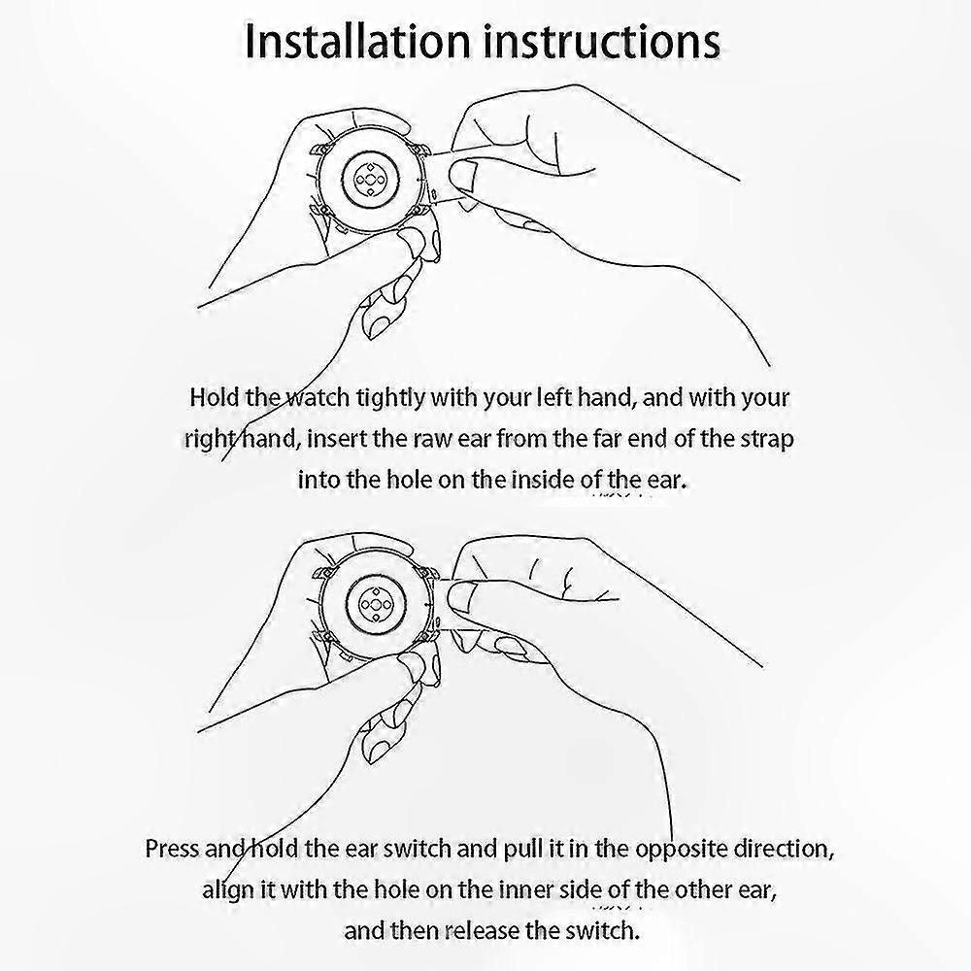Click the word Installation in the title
(357, 42)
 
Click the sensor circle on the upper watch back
(369, 180)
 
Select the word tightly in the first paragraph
(390, 398)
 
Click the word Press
(172, 849)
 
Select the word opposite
(682, 850)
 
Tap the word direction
(784, 849)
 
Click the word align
(228, 891)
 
